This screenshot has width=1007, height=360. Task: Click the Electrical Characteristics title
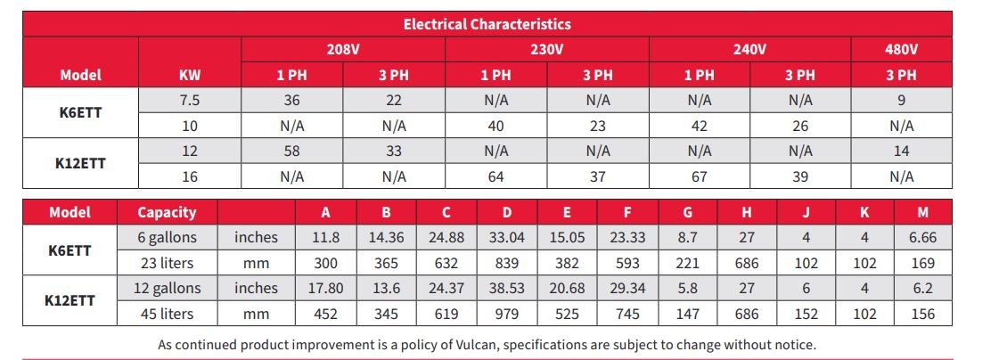pos(487,24)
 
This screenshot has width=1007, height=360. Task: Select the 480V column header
pos(901,49)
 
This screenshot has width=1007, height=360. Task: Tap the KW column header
pos(190,75)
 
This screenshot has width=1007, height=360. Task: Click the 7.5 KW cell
pos(190,101)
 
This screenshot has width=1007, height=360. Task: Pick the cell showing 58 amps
pos(291,151)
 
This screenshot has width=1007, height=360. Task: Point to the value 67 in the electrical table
pos(699,176)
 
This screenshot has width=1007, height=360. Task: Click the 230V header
pos(546,49)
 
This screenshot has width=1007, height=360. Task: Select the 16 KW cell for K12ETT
pos(190,176)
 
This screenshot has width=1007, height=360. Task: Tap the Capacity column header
pos(167,212)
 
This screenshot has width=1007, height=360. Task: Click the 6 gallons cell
pos(167,237)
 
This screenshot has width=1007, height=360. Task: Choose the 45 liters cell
pos(167,314)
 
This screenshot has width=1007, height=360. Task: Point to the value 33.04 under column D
pos(507,237)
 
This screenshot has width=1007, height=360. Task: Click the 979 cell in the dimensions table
pos(507,314)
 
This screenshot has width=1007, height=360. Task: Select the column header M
pos(923,212)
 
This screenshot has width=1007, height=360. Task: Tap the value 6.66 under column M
pos(923,237)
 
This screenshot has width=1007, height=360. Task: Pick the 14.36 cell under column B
pos(387,237)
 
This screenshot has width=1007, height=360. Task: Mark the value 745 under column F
pos(626,314)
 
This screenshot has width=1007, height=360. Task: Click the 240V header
pos(749,49)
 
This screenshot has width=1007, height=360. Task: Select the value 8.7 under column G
pos(687,237)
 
